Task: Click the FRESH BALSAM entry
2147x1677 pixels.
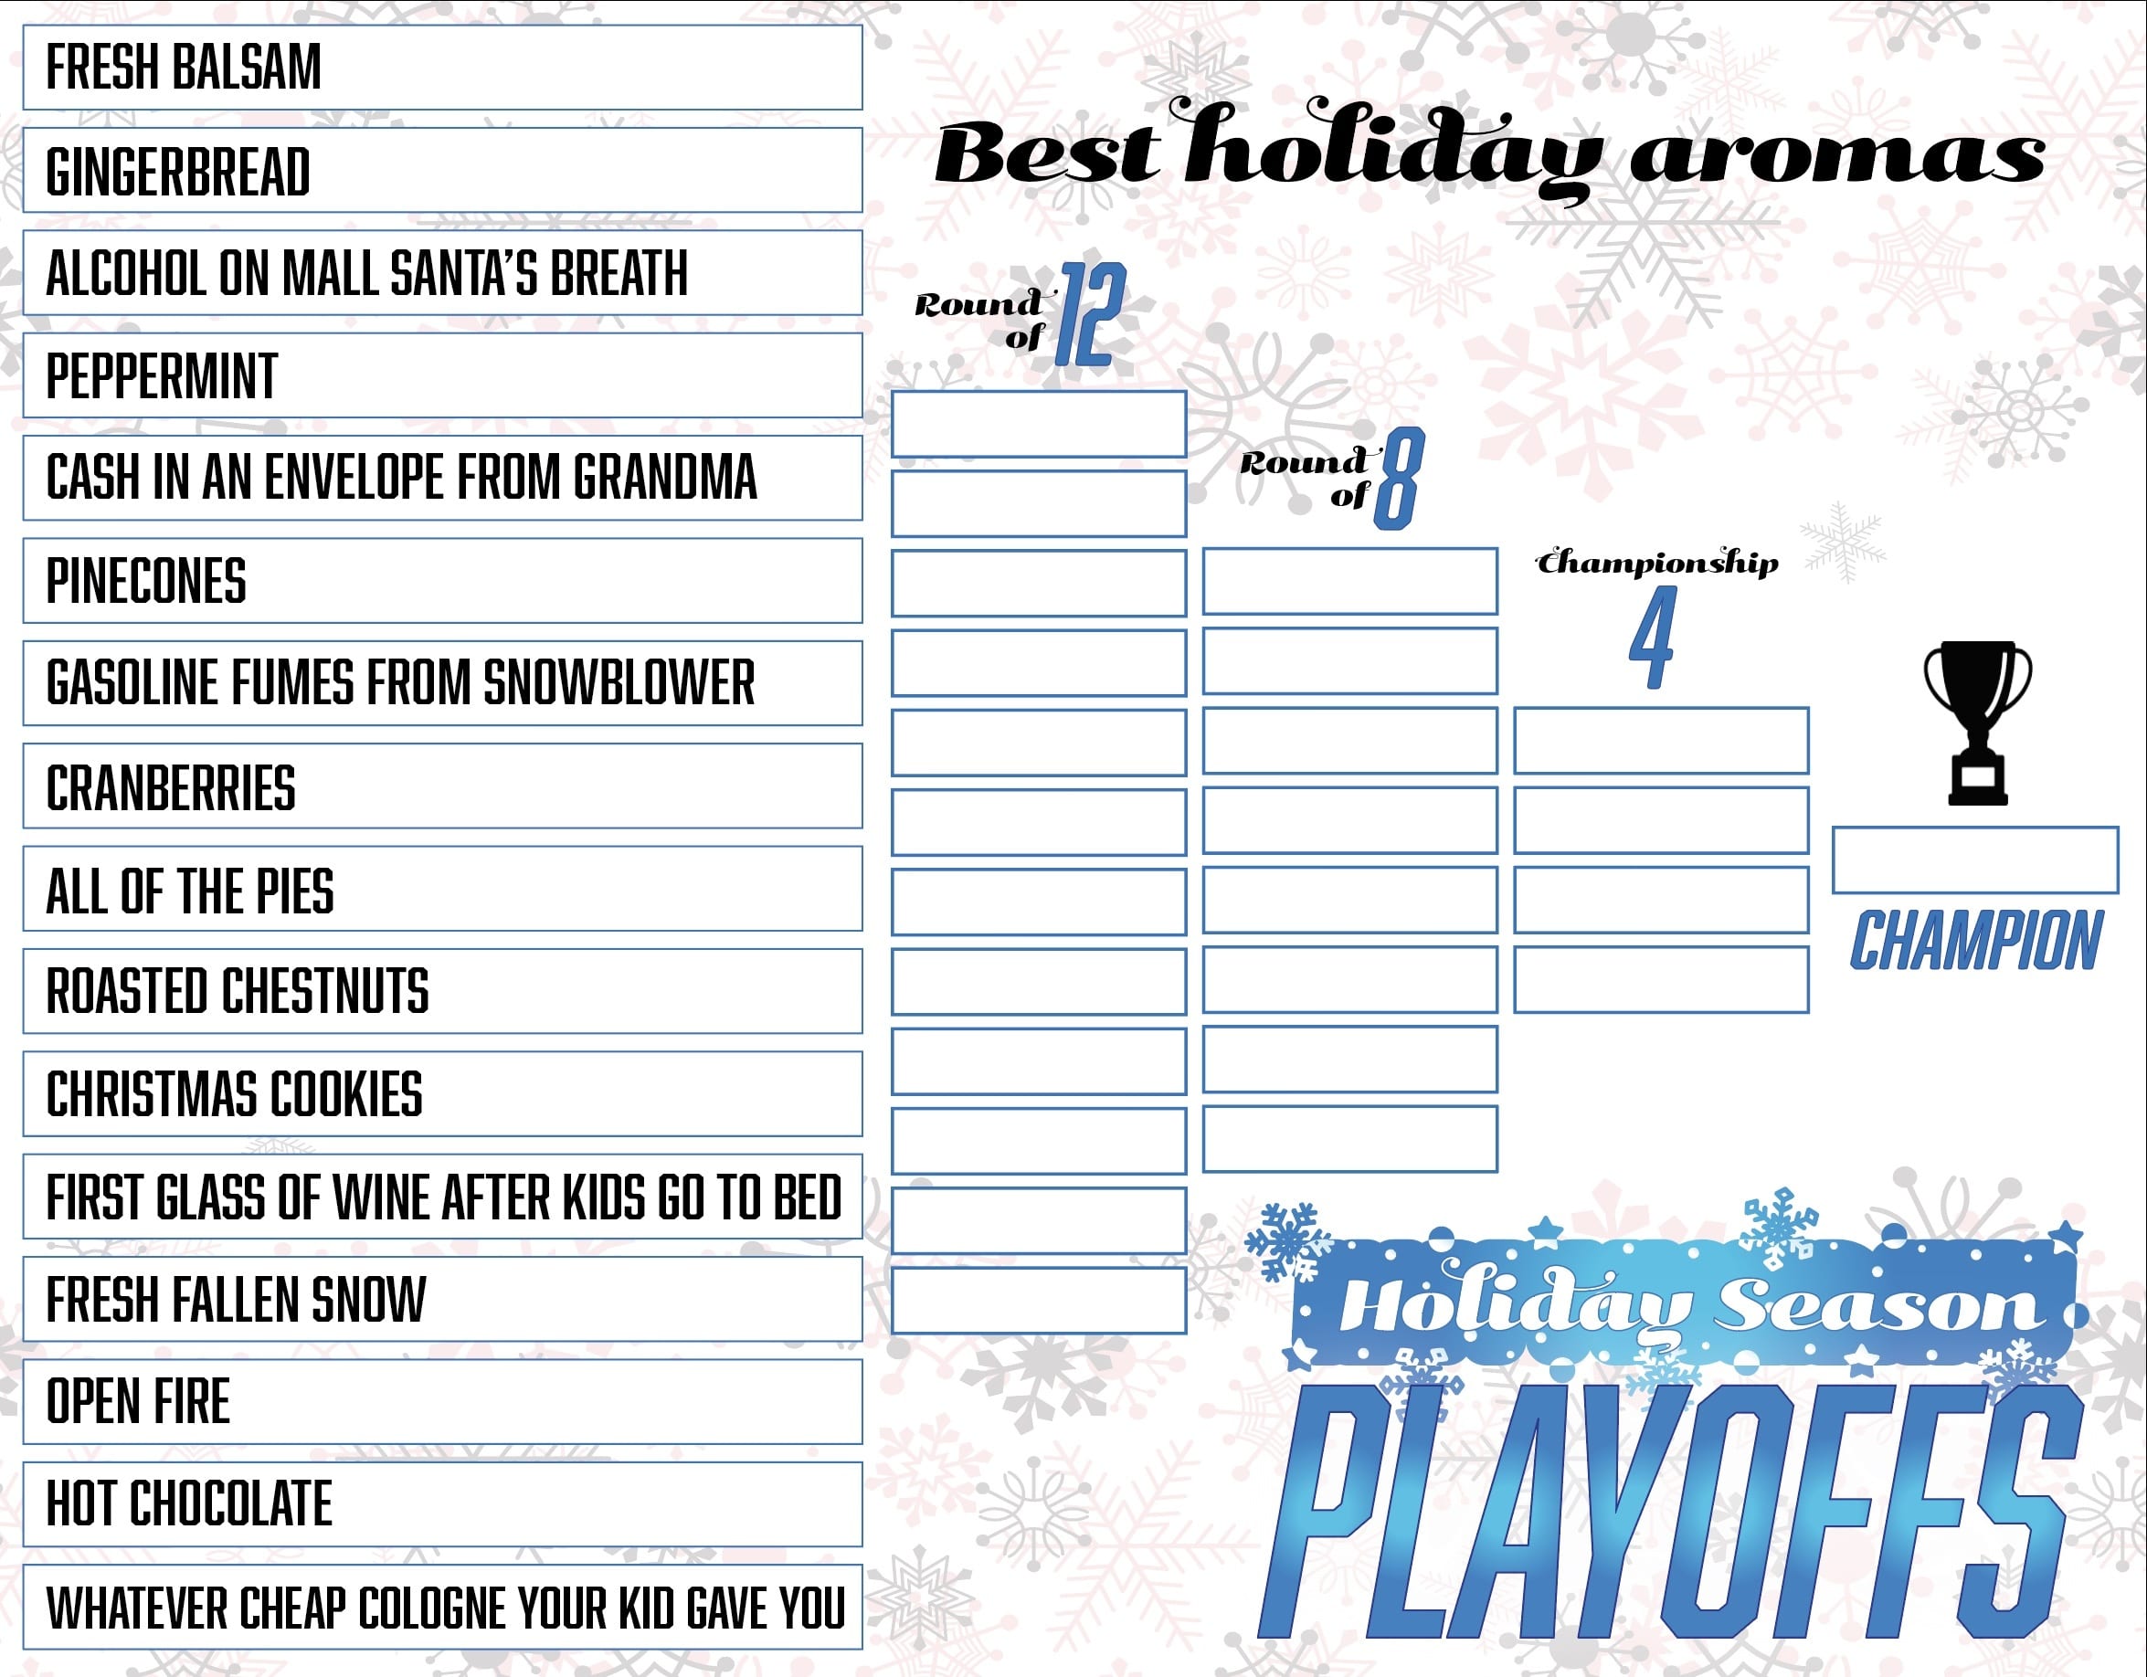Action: click(x=442, y=68)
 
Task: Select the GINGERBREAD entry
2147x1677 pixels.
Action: click(x=442, y=170)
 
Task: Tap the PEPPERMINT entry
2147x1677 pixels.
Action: click(x=442, y=375)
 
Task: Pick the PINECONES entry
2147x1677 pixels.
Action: click(x=442, y=581)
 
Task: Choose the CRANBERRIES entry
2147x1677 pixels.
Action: click(x=442, y=786)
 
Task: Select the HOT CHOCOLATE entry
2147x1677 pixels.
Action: click(x=442, y=1504)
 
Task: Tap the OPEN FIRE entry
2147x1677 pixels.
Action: click(x=442, y=1402)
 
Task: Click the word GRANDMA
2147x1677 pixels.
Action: click(x=665, y=478)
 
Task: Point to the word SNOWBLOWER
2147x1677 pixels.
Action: click(x=619, y=682)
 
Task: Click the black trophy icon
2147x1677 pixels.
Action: click(x=1978, y=723)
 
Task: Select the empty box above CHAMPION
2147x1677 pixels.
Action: click(x=1975, y=860)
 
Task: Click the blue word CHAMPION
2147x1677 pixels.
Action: click(x=1977, y=941)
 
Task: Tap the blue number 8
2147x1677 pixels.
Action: click(x=1399, y=479)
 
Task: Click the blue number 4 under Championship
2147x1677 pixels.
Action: click(x=1652, y=637)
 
